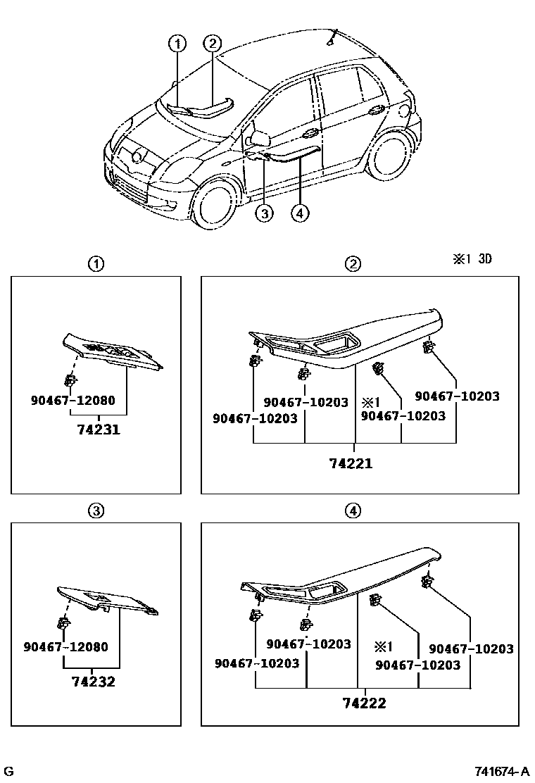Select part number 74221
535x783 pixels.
[351, 463]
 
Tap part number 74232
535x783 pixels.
[93, 682]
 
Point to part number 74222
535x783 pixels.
[364, 703]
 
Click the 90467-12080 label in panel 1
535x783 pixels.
[73, 401]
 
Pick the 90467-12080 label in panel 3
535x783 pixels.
[65, 646]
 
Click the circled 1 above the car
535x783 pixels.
[177, 44]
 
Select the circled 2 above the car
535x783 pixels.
[213, 44]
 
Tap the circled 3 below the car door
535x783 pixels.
[264, 213]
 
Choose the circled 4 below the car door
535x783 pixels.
[300, 213]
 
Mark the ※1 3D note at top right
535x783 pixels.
[472, 259]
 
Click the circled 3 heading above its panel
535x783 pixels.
[96, 510]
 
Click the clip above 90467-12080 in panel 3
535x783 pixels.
[64, 622]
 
